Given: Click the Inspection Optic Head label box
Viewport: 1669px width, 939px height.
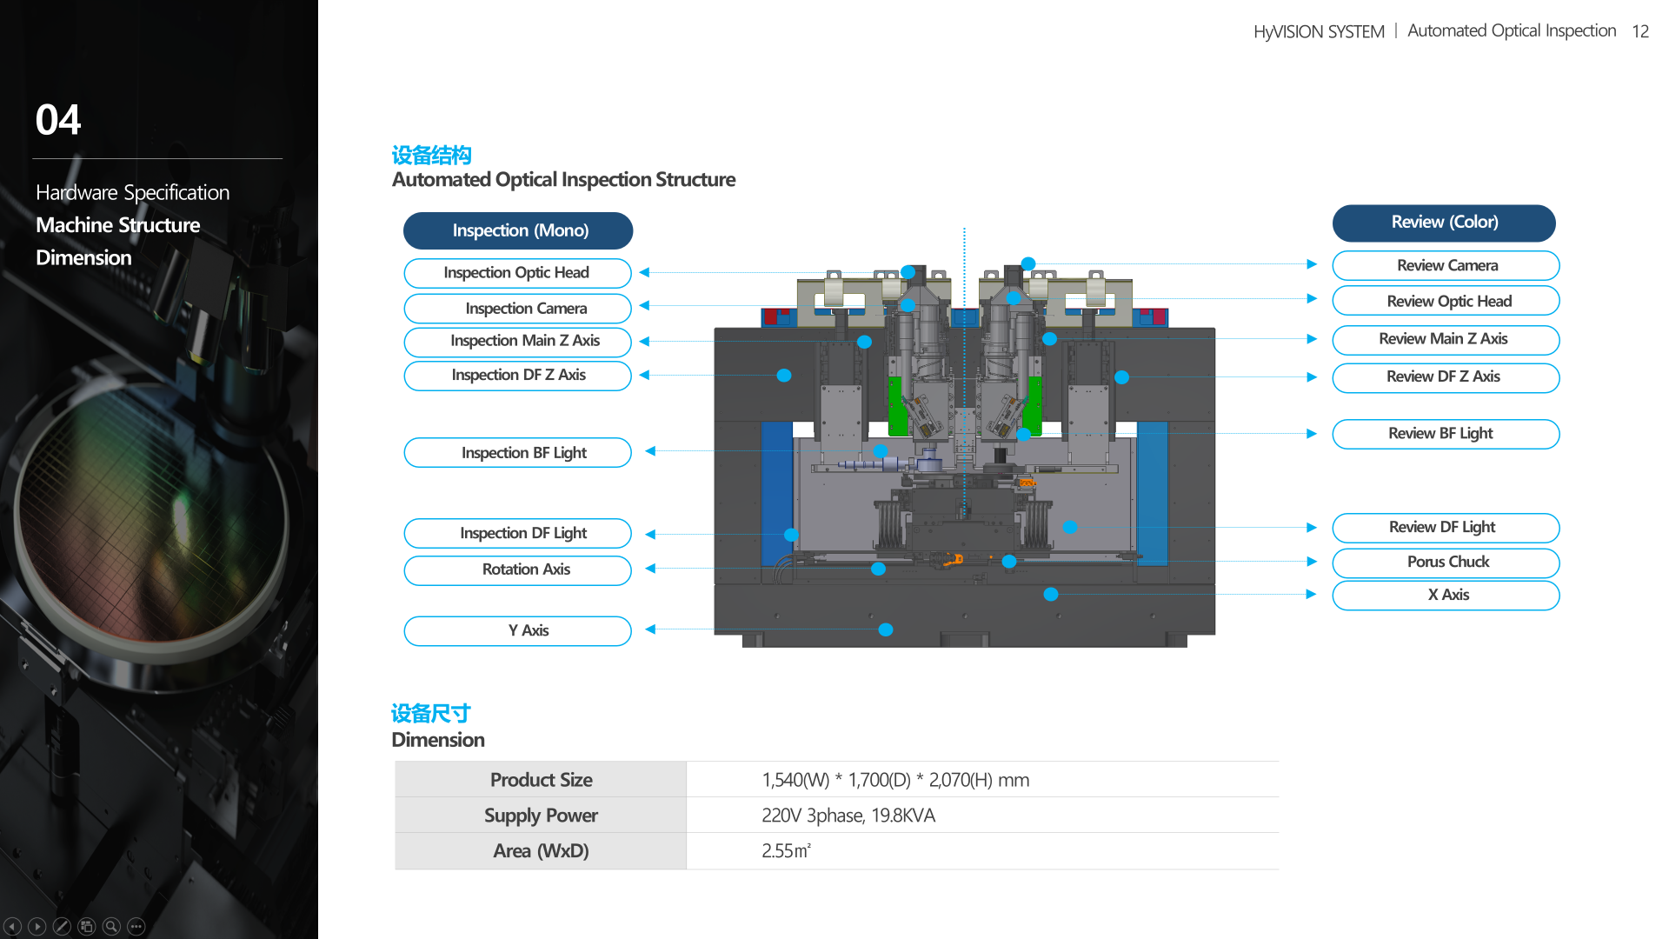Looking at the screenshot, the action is (517, 273).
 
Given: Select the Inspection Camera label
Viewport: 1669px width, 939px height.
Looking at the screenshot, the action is (517, 309).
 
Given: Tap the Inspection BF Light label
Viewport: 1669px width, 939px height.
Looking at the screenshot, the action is (517, 453).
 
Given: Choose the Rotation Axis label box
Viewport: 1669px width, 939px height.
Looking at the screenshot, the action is (517, 570).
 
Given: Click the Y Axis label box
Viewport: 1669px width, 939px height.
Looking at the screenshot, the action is (517, 631).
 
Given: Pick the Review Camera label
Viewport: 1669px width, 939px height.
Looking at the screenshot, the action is (1446, 266).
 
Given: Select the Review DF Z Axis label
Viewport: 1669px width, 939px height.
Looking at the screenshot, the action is (1446, 377).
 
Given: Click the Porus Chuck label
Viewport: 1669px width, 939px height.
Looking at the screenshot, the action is (1446, 563).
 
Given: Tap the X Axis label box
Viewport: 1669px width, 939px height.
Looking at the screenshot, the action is (1446, 596).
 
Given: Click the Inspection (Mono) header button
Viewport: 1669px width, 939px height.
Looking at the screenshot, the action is (518, 230).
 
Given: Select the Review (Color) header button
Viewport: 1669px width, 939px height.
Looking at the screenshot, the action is (1444, 223).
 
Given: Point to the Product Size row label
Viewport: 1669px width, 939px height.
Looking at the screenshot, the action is (541, 780).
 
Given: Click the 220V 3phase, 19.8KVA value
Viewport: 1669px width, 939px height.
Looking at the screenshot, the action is (848, 816).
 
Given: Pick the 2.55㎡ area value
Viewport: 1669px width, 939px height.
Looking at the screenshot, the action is (786, 851).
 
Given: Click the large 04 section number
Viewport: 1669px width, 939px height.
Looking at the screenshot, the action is (58, 120).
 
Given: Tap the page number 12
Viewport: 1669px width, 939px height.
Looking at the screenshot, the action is (1640, 31).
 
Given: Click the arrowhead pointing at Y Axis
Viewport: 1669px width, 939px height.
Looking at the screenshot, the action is (650, 629).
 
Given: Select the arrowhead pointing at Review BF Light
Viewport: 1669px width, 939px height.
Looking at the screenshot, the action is (1312, 434).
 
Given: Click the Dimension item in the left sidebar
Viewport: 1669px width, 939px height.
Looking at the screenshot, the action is (83, 258).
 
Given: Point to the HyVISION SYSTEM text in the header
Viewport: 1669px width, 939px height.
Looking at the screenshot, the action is (1319, 32).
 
